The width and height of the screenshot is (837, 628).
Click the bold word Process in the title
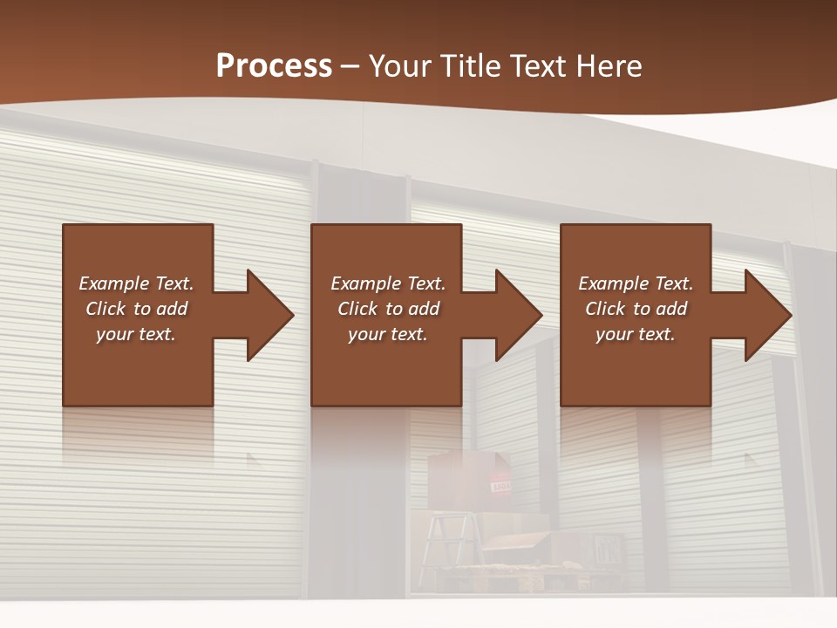point(274,66)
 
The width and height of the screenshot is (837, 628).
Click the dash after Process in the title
point(350,67)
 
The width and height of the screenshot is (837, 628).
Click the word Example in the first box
point(113,283)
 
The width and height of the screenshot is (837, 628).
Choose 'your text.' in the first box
point(135,334)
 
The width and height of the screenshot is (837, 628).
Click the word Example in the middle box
point(365,283)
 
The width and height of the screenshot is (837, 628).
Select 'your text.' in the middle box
point(387,334)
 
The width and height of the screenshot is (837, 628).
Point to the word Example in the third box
point(613,283)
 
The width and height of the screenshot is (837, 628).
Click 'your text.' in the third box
point(635,334)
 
